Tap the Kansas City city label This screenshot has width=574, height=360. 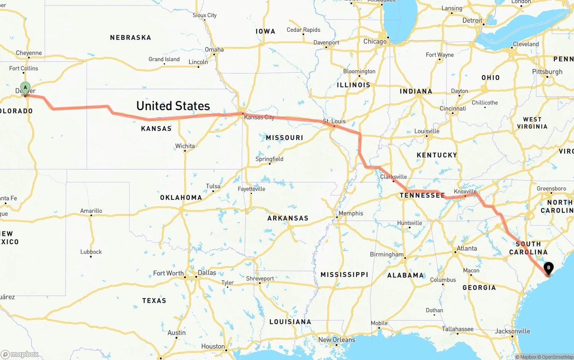(259, 117)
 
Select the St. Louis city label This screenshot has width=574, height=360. (334, 121)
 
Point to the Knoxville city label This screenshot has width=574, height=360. (465, 191)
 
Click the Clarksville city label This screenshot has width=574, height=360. (393, 177)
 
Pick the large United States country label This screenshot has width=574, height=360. (173, 106)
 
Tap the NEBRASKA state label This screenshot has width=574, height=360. (130, 38)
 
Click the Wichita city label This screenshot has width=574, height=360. (185, 146)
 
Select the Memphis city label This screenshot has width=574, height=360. (351, 213)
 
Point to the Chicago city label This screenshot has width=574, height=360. (375, 41)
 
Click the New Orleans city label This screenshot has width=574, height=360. (336, 340)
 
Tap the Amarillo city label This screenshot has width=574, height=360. (91, 211)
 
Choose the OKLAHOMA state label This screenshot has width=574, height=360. (181, 197)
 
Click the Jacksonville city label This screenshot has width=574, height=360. (512, 331)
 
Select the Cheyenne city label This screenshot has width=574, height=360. (29, 53)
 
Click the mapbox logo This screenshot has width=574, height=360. (20, 354)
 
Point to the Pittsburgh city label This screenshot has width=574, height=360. (547, 72)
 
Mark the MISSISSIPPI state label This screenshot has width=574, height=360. (344, 274)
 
